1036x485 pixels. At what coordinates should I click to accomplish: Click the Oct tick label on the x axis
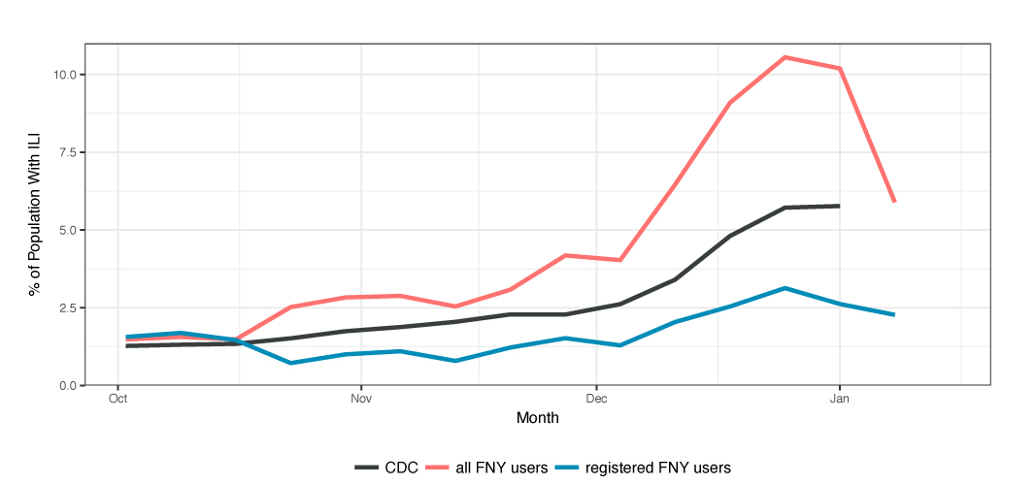click(x=118, y=398)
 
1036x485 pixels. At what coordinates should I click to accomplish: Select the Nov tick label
click(x=361, y=398)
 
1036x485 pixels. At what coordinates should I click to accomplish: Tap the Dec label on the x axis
click(x=596, y=398)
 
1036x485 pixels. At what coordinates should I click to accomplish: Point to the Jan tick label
click(x=839, y=398)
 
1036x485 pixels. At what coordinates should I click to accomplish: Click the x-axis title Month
click(x=537, y=419)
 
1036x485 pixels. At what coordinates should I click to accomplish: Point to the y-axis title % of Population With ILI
click(x=35, y=214)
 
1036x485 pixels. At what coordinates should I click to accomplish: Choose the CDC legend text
click(x=402, y=468)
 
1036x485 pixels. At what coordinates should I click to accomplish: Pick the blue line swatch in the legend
click(x=568, y=468)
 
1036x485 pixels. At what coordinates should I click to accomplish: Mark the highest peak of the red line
click(x=785, y=57)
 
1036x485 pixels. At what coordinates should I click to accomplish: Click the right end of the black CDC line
click(x=839, y=206)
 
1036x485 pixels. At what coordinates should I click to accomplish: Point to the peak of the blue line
click(x=785, y=288)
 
